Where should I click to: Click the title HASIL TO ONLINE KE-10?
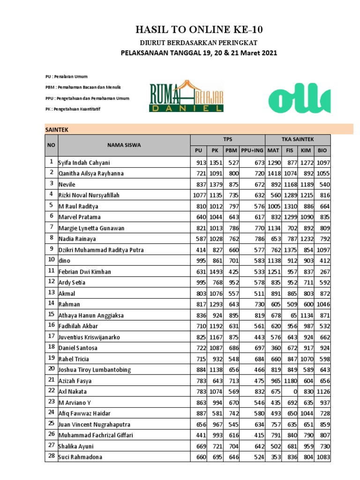pyautogui.click(x=199, y=30)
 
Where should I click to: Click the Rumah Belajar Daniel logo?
pyautogui.click(x=187, y=97)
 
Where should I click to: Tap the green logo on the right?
pyautogui.click(x=299, y=97)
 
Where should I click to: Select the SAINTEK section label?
pyautogui.click(x=57, y=129)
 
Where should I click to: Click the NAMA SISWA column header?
pyautogui.click(x=124, y=145)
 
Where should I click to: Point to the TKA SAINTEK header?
pyautogui.click(x=298, y=140)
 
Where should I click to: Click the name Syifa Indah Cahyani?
pyautogui.click(x=87, y=163)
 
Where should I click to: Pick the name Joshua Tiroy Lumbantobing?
pyautogui.click(x=100, y=369)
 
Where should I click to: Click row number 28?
pyautogui.click(x=51, y=457)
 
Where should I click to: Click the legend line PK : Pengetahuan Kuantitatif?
pyautogui.click(x=73, y=109)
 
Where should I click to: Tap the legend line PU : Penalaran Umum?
pyautogui.click(x=67, y=76)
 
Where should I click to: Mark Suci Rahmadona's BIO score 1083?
pyautogui.click(x=323, y=457)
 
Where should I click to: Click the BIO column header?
pyautogui.click(x=322, y=150)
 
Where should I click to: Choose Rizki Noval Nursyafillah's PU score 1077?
pyautogui.click(x=199, y=195)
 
